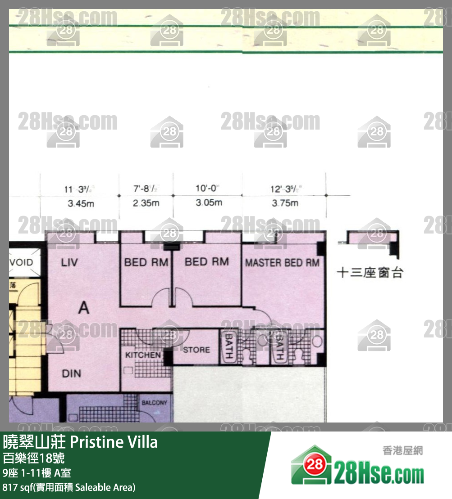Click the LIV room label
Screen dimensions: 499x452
click(69, 262)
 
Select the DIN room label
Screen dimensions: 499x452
click(72, 373)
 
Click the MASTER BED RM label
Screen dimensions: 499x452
click(282, 263)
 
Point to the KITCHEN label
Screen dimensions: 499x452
click(143, 355)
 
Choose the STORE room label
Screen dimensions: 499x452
click(196, 350)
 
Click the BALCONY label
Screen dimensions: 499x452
click(154, 403)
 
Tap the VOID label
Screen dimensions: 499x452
click(21, 262)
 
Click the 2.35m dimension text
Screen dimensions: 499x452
click(146, 203)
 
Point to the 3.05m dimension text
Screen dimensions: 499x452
click(209, 202)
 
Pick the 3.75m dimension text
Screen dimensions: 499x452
click(285, 203)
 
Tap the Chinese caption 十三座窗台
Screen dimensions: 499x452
click(370, 273)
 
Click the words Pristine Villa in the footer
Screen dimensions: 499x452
click(114, 442)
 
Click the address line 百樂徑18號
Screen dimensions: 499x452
click(34, 459)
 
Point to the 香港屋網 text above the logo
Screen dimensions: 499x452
click(402, 450)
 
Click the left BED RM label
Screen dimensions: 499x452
click(146, 262)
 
